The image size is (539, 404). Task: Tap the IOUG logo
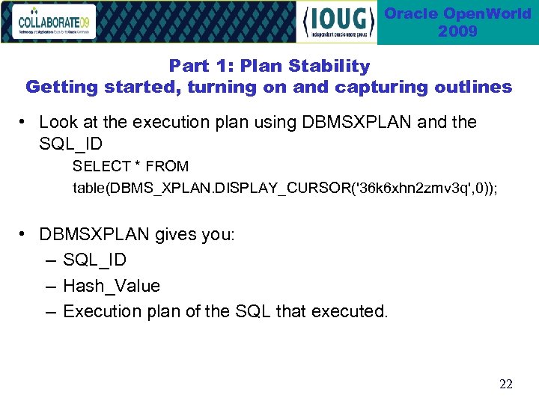[x=337, y=22]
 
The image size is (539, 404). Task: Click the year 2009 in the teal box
[x=457, y=31]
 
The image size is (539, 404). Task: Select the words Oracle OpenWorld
[x=457, y=13]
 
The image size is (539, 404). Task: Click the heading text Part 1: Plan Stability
[x=269, y=66]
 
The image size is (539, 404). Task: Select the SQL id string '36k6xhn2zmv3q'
[x=403, y=187]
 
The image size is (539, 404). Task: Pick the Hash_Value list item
[x=112, y=286]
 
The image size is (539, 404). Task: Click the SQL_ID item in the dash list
[x=95, y=260]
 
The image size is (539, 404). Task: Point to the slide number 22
[x=506, y=385]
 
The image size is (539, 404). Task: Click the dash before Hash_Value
[x=49, y=286]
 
